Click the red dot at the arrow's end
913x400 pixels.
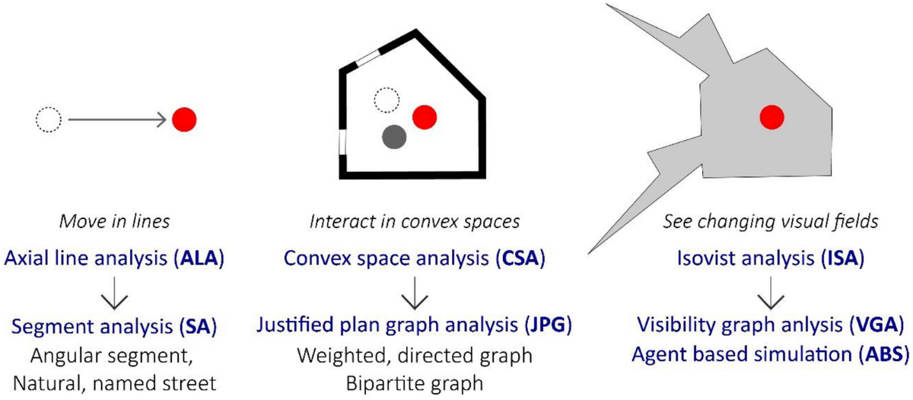[184, 119]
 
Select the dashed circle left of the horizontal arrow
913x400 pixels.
[48, 119]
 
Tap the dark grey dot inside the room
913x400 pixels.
[394, 137]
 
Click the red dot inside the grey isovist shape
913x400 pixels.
[771, 117]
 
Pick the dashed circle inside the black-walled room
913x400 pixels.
[387, 99]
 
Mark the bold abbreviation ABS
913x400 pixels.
[881, 355]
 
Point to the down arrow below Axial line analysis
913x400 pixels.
[114, 294]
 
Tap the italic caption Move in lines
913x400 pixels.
[114, 222]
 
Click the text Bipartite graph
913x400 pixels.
[412, 383]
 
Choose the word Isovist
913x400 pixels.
[707, 259]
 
